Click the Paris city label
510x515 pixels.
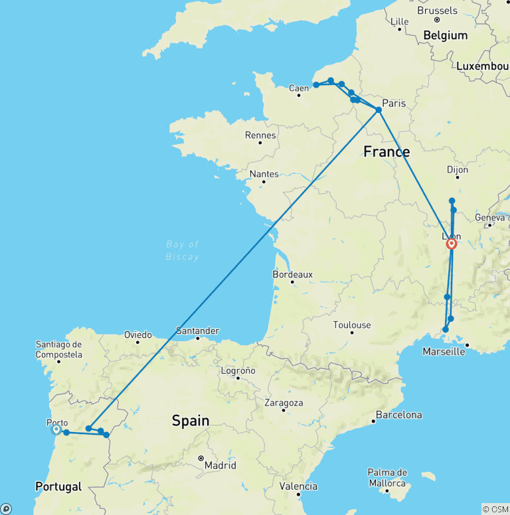[394, 103]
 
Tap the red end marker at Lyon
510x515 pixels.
[452, 244]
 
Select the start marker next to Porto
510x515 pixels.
[56, 429]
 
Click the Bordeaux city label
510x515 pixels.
[293, 274]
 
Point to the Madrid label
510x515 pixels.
[220, 465]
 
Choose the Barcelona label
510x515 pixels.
[398, 415]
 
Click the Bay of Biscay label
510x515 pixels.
[183, 250]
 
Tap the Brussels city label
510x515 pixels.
[437, 11]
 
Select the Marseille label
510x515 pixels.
[444, 351]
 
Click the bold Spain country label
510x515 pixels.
[191, 420]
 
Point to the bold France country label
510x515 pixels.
[386, 152]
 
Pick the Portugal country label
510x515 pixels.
[58, 486]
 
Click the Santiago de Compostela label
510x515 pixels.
[60, 349]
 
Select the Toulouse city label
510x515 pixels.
[352, 325]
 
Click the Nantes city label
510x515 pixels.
[264, 173]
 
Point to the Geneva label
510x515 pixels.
[490, 217]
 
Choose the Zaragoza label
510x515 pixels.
[283, 403]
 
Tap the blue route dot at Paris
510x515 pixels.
[379, 110]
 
